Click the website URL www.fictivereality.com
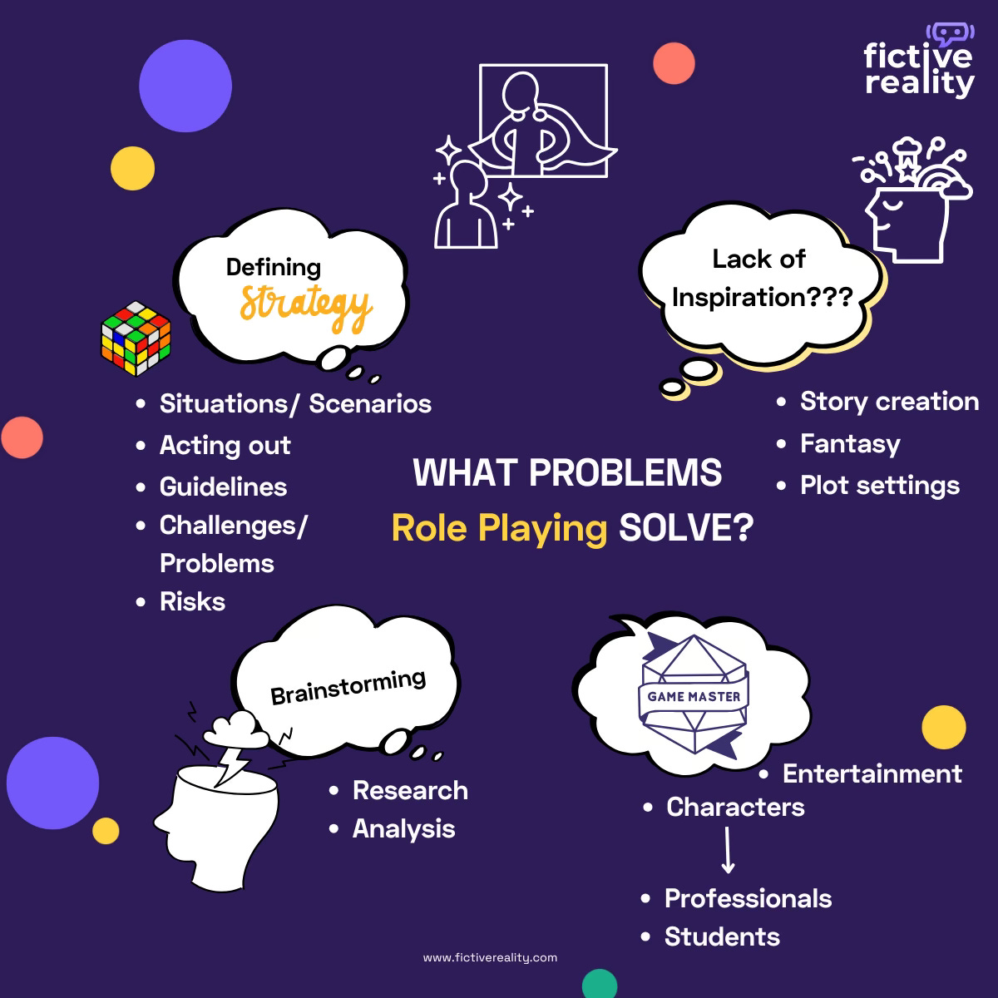pyautogui.click(x=490, y=957)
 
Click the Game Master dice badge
pyautogui.click(x=694, y=695)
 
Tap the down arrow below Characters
pyautogui.click(x=728, y=849)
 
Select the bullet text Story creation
pyautogui.click(x=888, y=402)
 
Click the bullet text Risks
pyautogui.click(x=192, y=601)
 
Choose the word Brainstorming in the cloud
pyautogui.click(x=348, y=687)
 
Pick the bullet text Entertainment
pyautogui.click(x=872, y=773)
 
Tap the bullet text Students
pyautogui.click(x=722, y=936)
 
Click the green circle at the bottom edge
pyautogui.click(x=600, y=985)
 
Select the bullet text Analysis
pyautogui.click(x=403, y=828)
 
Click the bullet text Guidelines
pyautogui.click(x=223, y=487)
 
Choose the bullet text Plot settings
pyautogui.click(x=879, y=485)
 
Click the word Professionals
pyautogui.click(x=748, y=898)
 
